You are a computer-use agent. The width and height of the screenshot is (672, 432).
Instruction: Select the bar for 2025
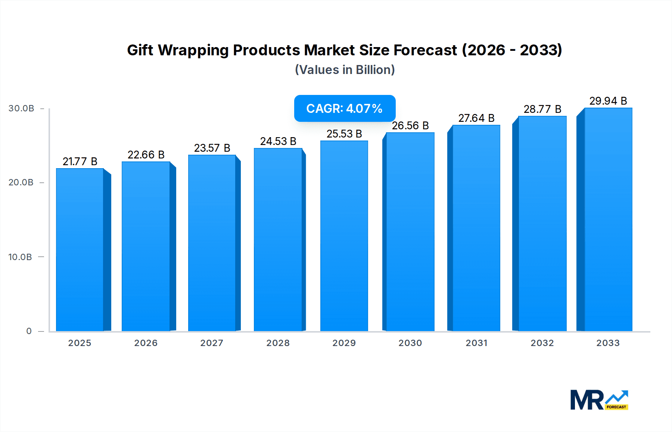80,250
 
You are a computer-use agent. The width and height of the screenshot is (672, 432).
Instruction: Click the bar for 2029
344,236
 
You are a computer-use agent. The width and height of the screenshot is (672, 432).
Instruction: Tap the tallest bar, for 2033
608,219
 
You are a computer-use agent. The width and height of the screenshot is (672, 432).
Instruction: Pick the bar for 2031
476,228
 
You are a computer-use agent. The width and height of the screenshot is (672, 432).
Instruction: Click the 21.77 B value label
80,161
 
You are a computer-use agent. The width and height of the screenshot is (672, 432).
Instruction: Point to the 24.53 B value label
278,141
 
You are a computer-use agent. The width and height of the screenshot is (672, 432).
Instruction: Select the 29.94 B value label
608,101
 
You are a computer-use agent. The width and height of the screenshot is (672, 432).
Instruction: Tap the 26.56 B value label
410,126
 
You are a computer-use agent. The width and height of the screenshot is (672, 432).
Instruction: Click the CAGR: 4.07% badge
345,108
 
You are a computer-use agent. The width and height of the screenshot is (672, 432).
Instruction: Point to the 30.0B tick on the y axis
21,108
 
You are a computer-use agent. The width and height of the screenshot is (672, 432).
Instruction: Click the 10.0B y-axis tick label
20,257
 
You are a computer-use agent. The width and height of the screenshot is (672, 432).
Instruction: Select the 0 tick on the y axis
29,331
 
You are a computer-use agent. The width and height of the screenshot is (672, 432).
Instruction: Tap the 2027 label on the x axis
212,343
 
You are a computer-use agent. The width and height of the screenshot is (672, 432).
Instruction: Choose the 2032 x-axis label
542,343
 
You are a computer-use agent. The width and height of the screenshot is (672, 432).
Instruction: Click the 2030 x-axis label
410,343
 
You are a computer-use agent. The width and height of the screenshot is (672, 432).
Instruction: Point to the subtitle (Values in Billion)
345,70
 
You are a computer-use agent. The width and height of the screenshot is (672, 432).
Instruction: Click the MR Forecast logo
599,400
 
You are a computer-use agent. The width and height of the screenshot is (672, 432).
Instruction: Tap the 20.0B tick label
21,182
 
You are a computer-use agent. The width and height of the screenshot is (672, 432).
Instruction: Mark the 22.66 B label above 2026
146,155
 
